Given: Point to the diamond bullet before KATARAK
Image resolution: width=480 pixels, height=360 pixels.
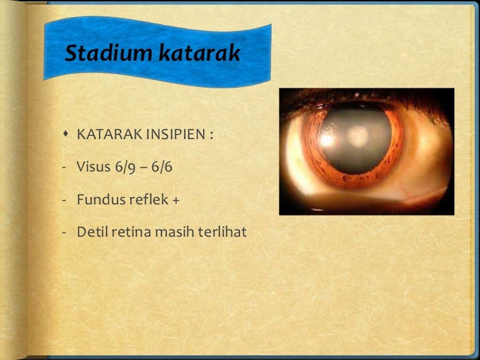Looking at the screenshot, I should tap(67, 135).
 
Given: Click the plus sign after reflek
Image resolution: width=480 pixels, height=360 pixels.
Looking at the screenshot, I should tap(175, 200).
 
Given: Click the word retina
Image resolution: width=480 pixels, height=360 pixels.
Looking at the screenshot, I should tap(128, 232).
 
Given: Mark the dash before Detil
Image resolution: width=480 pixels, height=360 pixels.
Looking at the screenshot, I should tap(65, 232).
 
